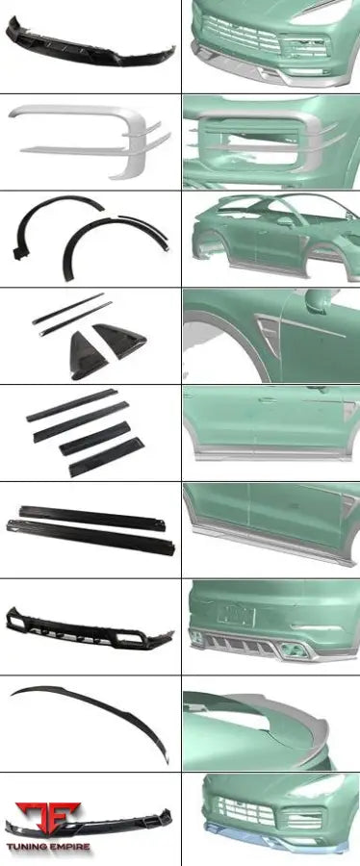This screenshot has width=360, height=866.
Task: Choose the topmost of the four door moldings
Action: pos(72,405)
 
